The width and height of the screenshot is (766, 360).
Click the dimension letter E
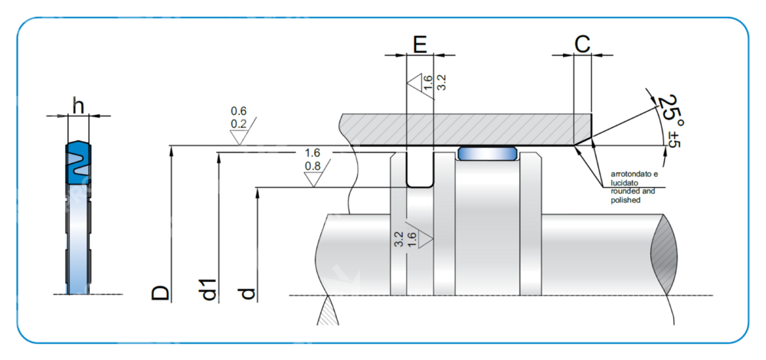[x=420, y=44]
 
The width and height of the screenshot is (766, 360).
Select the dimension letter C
[x=582, y=44]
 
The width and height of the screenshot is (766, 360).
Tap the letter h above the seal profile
[x=77, y=104]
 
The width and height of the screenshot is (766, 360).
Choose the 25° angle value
[x=671, y=109]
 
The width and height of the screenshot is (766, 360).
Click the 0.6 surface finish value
[x=238, y=112]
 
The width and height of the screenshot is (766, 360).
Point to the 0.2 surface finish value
[x=238, y=124]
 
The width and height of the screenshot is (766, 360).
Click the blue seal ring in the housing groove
[x=486, y=153]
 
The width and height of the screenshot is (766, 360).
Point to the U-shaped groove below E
[x=419, y=172]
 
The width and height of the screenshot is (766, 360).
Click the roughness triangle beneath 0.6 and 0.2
[x=238, y=137]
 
